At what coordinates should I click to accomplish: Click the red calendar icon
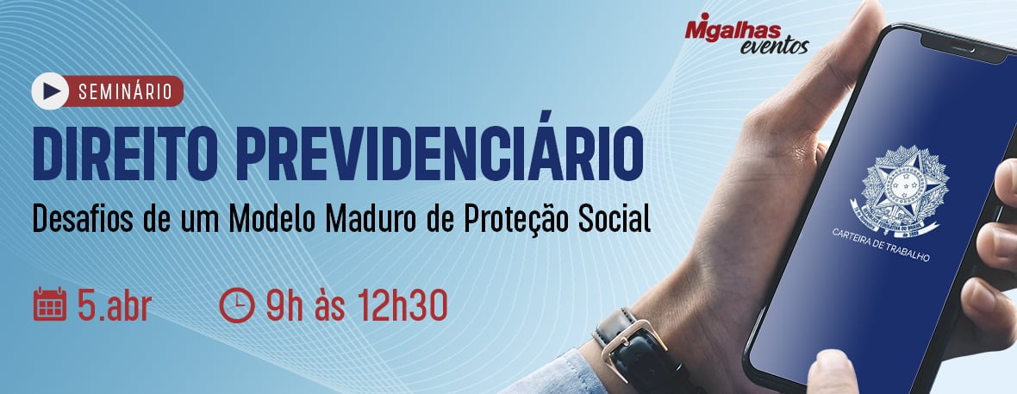pyautogui.click(x=49, y=304)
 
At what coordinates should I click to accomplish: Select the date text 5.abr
pyautogui.click(x=113, y=305)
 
